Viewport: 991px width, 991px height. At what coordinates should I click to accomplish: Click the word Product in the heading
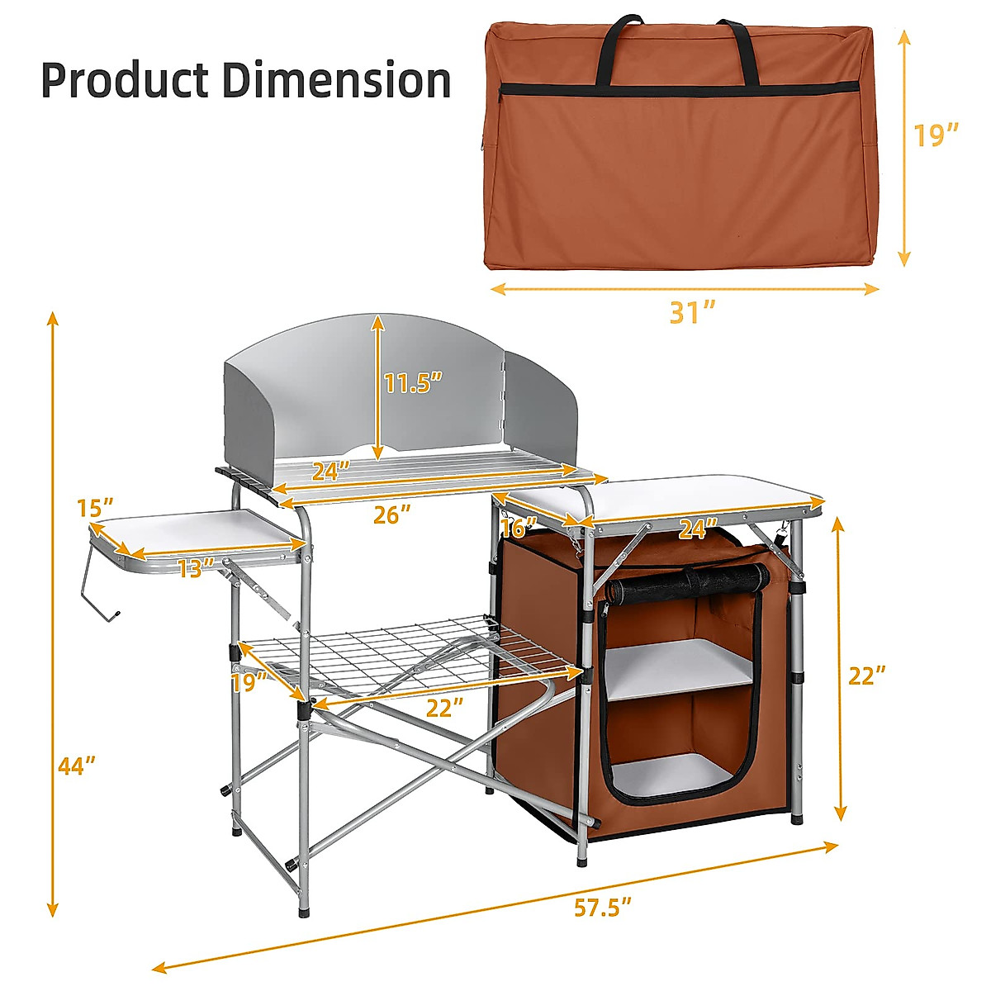pyautogui.click(x=124, y=81)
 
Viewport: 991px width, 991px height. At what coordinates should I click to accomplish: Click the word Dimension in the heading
pyautogui.click(x=336, y=81)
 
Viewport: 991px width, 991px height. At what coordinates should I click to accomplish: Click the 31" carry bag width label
pyautogui.click(x=691, y=312)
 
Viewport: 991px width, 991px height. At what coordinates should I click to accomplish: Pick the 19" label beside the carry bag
pyautogui.click(x=936, y=135)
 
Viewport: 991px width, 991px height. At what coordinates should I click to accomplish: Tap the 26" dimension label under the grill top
pyautogui.click(x=391, y=514)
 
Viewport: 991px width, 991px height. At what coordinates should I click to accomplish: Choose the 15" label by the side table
pyautogui.click(x=95, y=508)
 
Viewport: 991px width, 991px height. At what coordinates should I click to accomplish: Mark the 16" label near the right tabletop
pyautogui.click(x=519, y=526)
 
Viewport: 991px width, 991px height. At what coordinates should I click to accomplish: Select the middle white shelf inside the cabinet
pyautogui.click(x=681, y=667)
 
